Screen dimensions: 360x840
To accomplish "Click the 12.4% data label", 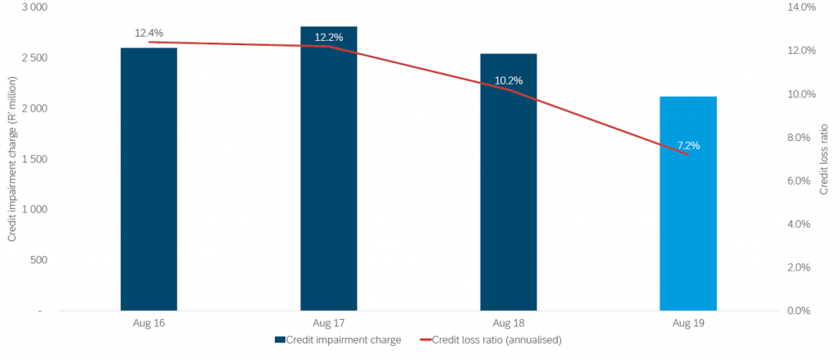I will pyautogui.click(x=149, y=33).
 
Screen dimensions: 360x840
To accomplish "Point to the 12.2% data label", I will pyautogui.click(x=328, y=37).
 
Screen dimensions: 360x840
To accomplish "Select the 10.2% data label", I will pyautogui.click(x=509, y=80).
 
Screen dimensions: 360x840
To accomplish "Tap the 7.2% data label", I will pyautogui.click(x=688, y=145).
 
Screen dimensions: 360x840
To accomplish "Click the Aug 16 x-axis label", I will pyautogui.click(x=148, y=324).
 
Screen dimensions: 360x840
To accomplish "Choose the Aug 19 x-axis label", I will pyautogui.click(x=688, y=324).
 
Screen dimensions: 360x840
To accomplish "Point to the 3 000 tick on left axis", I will pyautogui.click(x=34, y=7).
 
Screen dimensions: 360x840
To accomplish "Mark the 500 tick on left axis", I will pyautogui.click(x=38, y=260).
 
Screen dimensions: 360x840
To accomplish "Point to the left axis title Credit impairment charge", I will pyautogui.click(x=12, y=159).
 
